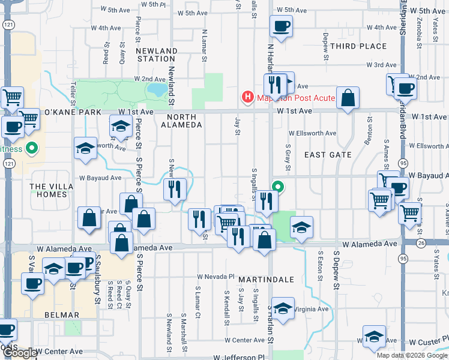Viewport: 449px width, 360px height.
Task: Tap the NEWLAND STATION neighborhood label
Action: point(156,55)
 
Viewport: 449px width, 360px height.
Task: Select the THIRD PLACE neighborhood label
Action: point(358,46)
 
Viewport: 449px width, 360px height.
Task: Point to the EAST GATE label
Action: point(327,155)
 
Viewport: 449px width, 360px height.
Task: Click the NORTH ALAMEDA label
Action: point(180,121)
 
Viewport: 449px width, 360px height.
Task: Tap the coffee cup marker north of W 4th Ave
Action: point(281,26)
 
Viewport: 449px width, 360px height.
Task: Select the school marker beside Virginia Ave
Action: point(282,308)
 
